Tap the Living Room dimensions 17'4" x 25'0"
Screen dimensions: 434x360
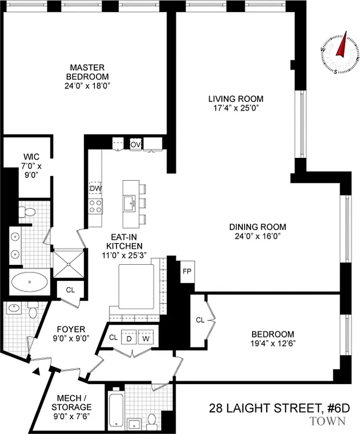click(236, 107)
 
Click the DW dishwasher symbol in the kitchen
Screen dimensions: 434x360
click(95, 188)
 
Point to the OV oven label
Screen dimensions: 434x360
click(136, 144)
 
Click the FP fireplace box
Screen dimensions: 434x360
click(188, 271)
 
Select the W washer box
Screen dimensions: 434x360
click(145, 337)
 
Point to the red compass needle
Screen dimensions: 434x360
click(342, 48)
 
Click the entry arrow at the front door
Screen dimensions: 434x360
click(37, 372)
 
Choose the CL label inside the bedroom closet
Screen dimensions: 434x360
click(200, 320)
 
